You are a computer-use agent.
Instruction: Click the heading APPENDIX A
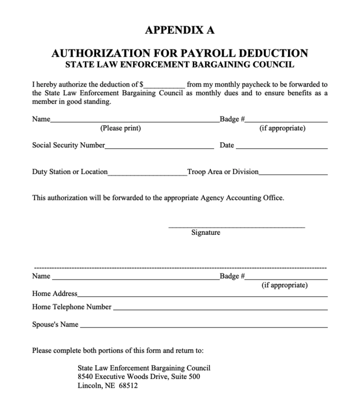[180, 29]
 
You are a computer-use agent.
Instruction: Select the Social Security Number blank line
[159, 148]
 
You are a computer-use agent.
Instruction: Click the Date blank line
[281, 148]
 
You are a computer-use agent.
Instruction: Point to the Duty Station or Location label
[70, 171]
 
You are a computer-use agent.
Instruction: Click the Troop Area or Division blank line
[293, 174]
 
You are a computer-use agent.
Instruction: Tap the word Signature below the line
[206, 232]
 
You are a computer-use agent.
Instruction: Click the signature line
[237, 227]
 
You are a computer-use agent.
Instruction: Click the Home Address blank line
[203, 297]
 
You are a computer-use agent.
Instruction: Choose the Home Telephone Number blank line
[220, 309]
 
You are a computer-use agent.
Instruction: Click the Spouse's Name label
[55, 324]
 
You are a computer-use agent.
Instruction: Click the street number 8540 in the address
[85, 377]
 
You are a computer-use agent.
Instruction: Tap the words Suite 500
[186, 377]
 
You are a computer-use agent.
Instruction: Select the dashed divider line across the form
[180, 268]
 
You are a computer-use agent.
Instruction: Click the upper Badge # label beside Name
[232, 119]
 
